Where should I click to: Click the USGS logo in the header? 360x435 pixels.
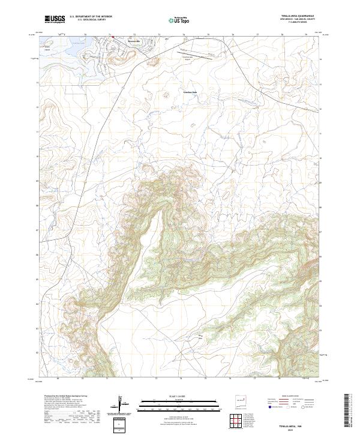(55, 19)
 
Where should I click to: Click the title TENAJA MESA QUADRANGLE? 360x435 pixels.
(298, 17)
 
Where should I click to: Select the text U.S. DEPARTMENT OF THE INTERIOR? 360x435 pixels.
(91, 17)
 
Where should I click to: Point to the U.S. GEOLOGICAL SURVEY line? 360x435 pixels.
(88, 20)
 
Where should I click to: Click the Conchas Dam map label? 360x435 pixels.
(190, 92)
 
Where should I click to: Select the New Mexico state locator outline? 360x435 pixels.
(241, 401)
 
